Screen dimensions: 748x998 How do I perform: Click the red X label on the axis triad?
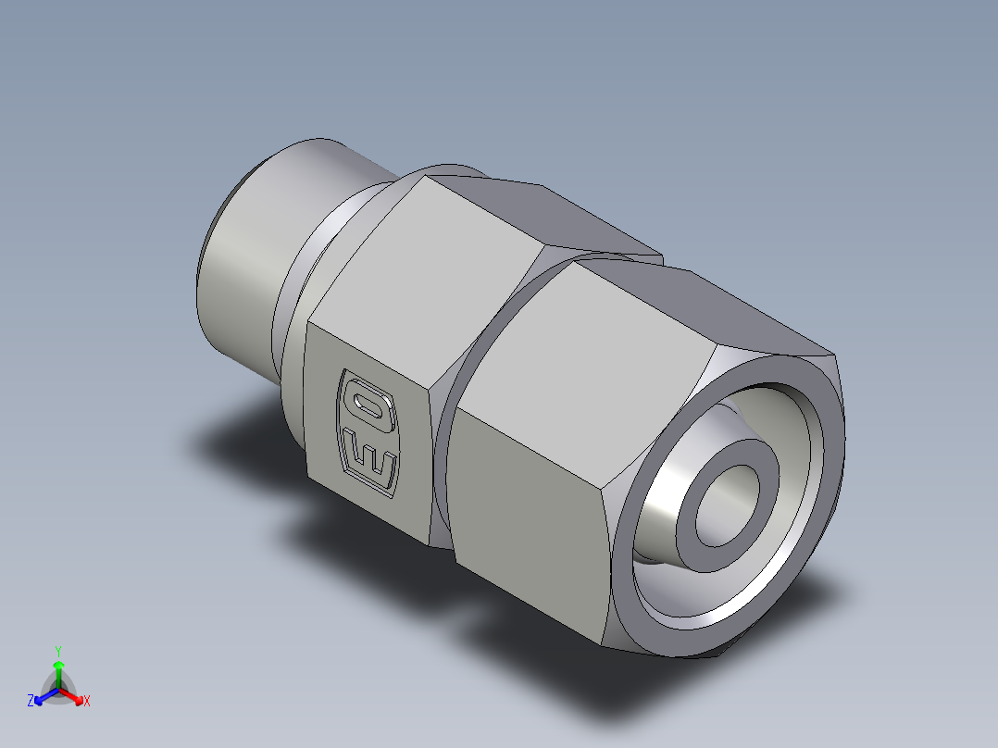tap(87, 701)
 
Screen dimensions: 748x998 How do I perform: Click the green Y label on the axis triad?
tap(58, 650)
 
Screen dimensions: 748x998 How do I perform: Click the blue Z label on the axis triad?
tap(31, 701)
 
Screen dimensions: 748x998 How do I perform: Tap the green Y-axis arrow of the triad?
tap(58, 671)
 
